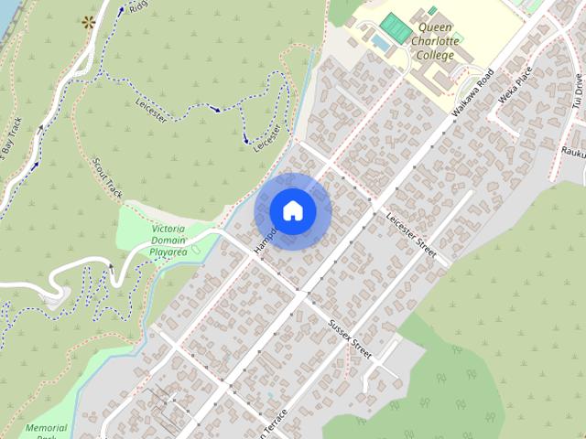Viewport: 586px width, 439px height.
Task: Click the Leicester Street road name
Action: (413, 233)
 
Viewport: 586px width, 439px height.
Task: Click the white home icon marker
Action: (292, 211)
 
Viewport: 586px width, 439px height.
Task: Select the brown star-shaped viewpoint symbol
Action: (89, 21)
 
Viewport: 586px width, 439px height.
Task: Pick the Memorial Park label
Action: (46, 432)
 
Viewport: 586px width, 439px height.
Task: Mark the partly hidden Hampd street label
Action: (265, 237)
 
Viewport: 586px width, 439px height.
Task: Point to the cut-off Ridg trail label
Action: (137, 6)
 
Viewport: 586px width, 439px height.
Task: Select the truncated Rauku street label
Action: (573, 153)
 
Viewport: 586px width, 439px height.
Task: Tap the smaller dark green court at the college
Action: (432, 10)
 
